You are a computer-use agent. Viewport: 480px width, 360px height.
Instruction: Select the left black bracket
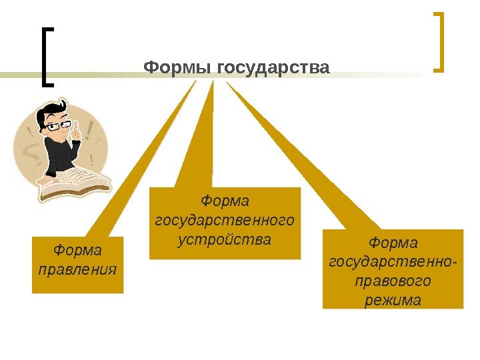click(45, 57)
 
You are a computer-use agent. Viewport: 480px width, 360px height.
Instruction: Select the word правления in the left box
click(77, 270)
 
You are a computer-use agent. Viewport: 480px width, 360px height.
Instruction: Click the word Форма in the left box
click(77, 251)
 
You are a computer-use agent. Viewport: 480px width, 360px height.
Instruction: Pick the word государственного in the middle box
click(225, 219)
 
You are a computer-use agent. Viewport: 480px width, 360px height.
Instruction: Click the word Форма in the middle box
click(225, 201)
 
